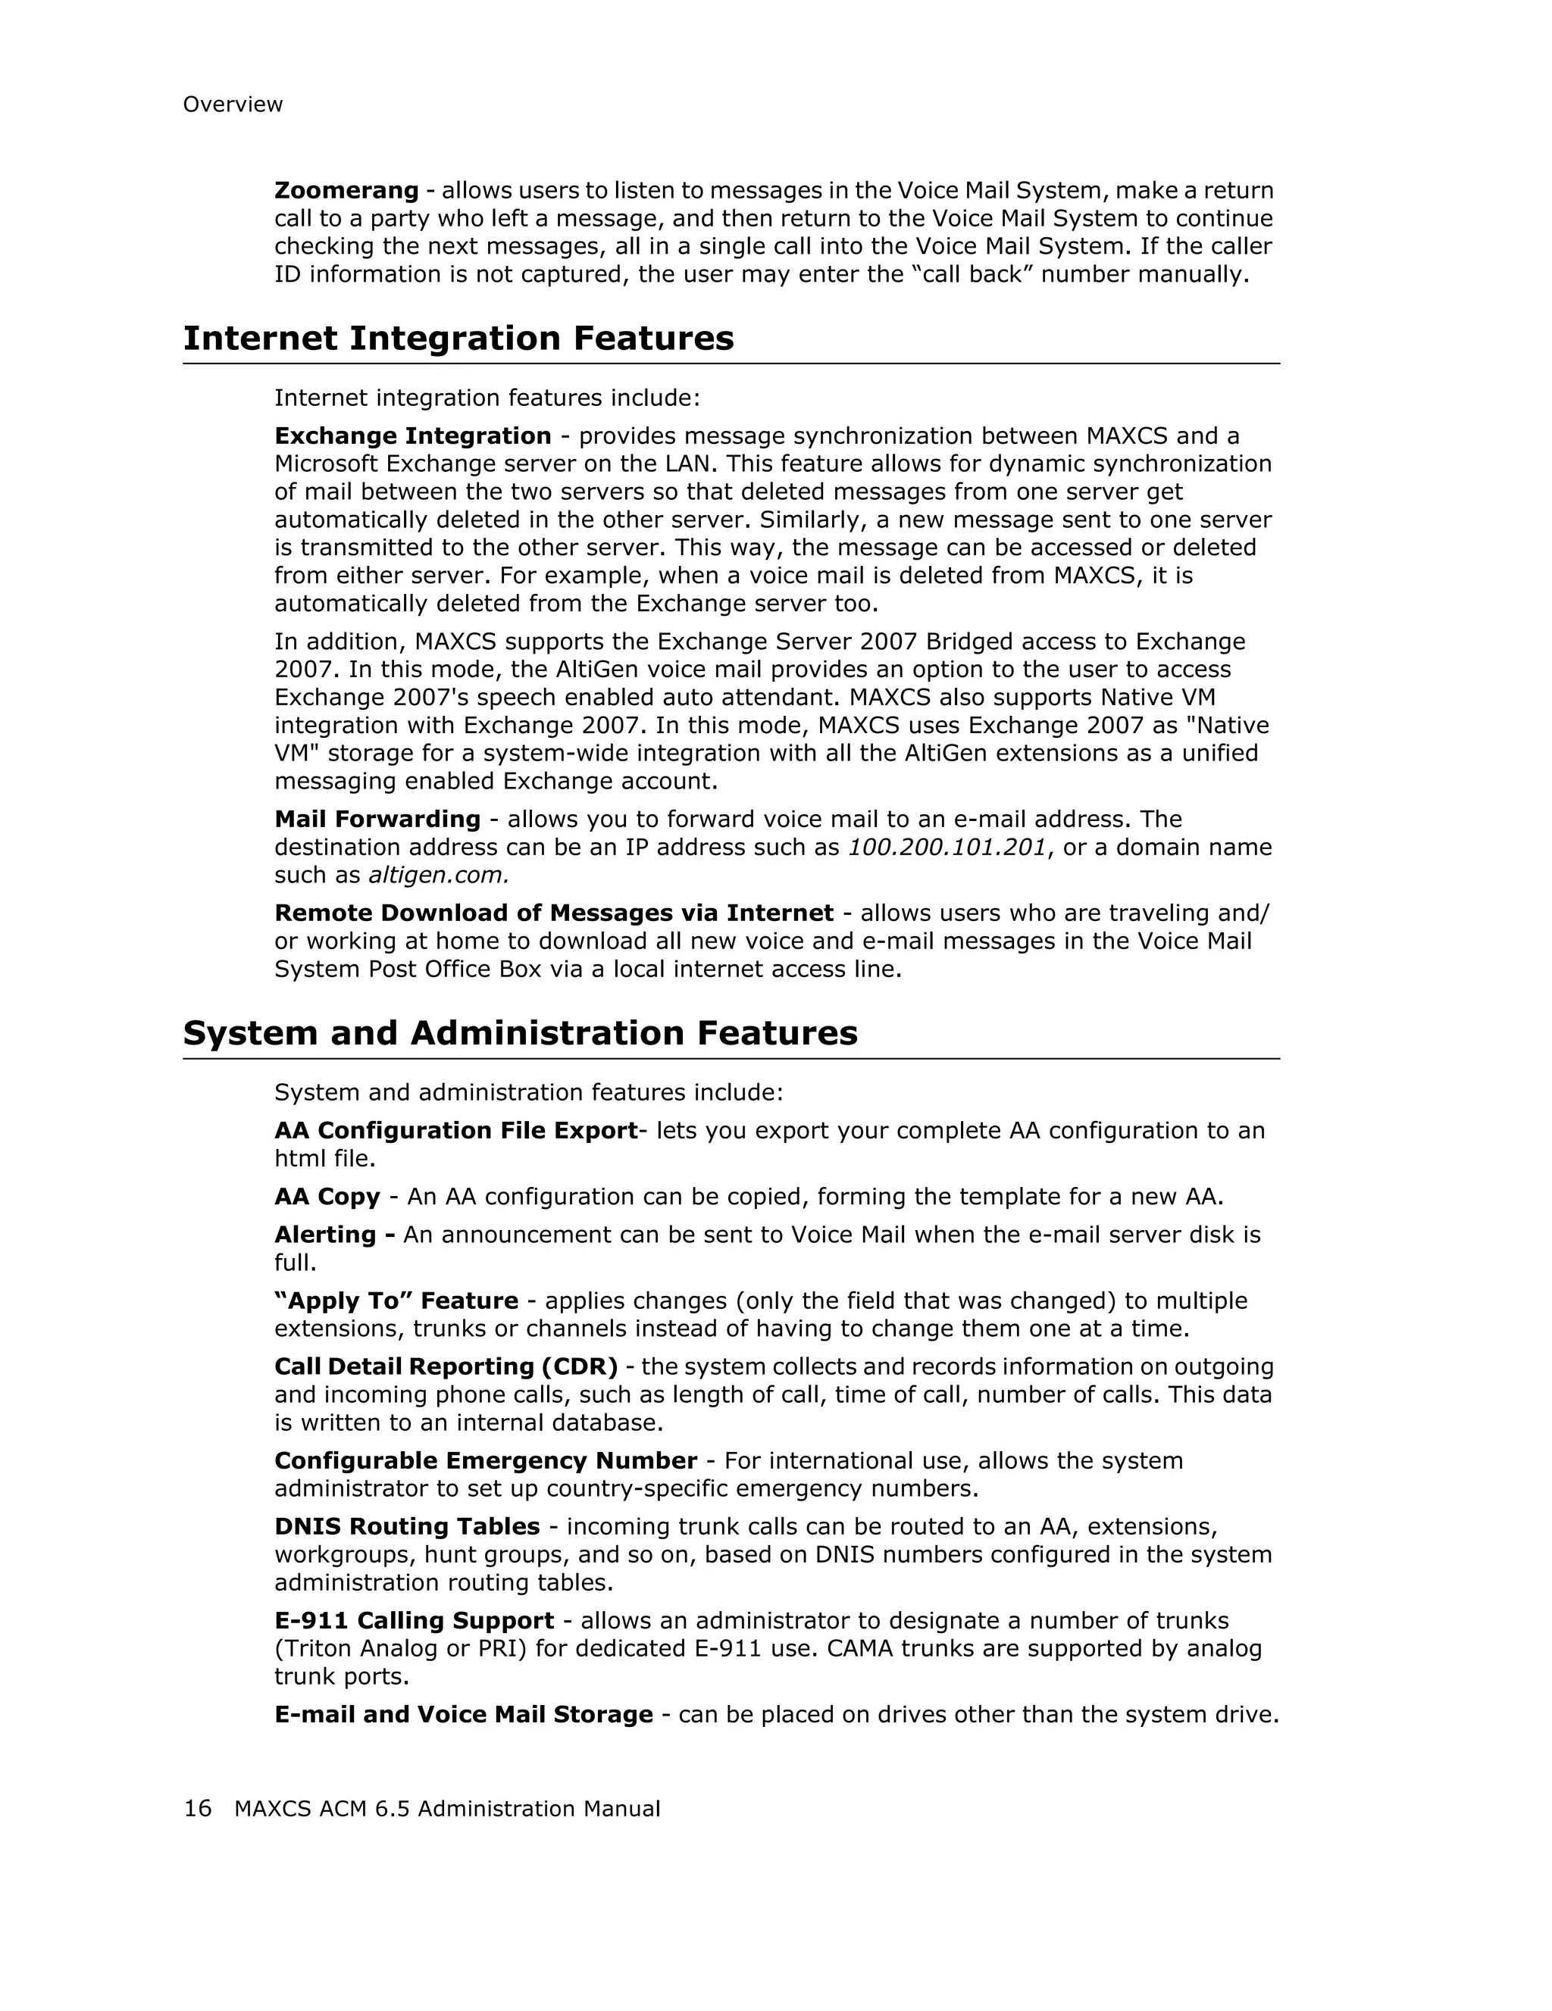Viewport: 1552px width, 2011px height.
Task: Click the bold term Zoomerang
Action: point(346,191)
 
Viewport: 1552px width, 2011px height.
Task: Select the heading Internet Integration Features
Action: point(458,338)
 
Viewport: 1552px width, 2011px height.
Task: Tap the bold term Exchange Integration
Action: point(413,436)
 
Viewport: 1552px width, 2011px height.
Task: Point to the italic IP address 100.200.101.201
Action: point(947,847)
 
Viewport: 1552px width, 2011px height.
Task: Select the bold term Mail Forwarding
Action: point(377,820)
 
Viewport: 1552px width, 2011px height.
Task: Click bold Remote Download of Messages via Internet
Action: point(553,913)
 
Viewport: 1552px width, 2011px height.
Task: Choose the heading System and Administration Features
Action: point(520,1033)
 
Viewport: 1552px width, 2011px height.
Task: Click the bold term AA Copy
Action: point(327,1197)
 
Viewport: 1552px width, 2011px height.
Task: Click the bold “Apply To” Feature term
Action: point(396,1301)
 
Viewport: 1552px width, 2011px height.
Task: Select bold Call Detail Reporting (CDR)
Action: point(446,1367)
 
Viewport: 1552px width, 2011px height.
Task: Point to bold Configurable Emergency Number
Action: point(486,1461)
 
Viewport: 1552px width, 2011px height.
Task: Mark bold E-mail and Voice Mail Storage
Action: point(463,1715)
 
